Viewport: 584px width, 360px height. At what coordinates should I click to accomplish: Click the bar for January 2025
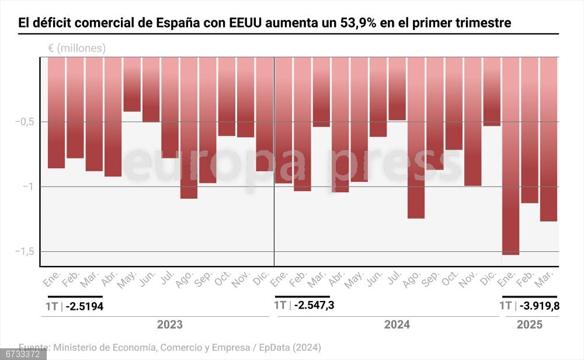511,155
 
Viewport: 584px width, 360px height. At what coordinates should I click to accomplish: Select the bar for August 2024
416,137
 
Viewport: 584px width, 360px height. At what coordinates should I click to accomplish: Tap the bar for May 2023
132,84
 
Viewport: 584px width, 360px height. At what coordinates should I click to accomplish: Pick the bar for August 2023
189,127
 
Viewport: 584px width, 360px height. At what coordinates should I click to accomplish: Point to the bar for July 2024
397,88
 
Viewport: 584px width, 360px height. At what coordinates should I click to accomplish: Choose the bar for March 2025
548,139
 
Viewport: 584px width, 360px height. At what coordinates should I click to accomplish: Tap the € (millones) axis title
77,49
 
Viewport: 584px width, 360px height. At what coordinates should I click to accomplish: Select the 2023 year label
169,325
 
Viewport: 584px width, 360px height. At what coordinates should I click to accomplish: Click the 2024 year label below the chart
397,325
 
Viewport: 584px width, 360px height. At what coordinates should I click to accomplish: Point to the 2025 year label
529,325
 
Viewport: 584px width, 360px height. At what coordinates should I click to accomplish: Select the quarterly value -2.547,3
314,305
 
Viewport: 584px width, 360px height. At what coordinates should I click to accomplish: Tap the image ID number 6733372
23,354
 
